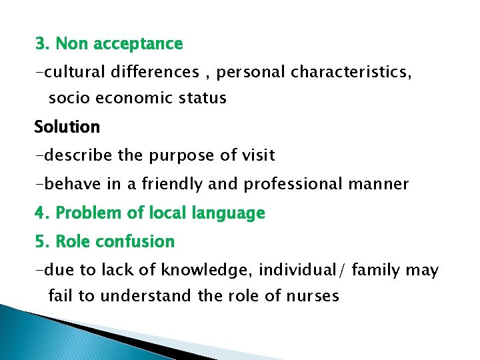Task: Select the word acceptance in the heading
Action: pos(138,45)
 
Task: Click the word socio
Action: pos(69,99)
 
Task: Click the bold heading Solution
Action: pos(67,127)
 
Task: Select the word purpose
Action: pos(175,156)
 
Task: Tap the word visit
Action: pos(253,155)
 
